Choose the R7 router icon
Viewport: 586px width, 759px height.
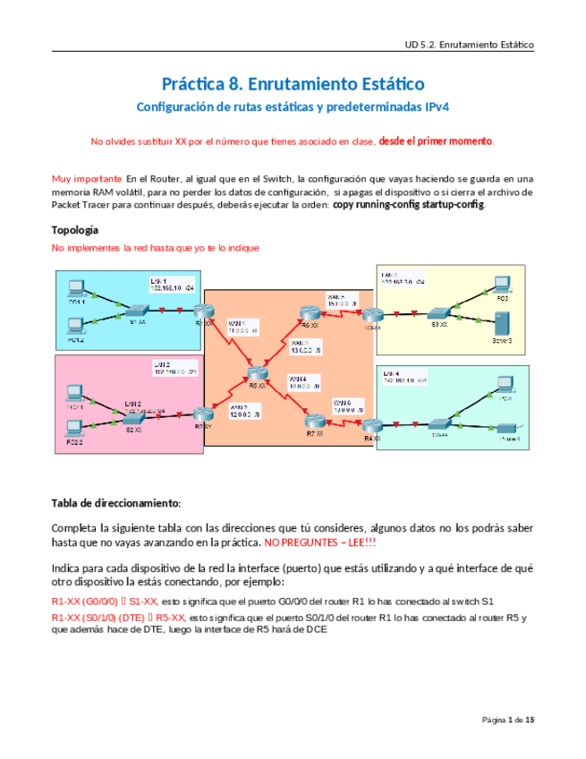tap(312, 422)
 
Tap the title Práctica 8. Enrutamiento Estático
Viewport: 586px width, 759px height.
tap(293, 84)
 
